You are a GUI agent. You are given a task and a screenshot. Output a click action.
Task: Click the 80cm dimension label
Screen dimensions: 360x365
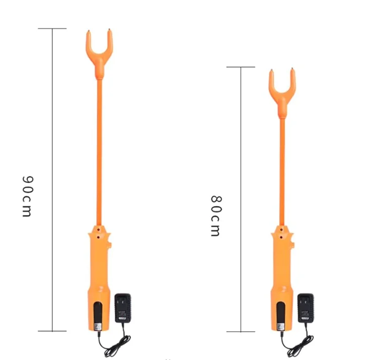215,215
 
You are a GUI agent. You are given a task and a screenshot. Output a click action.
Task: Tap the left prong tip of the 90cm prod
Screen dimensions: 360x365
88,32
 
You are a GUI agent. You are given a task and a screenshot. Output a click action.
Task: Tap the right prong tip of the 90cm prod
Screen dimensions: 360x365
110,32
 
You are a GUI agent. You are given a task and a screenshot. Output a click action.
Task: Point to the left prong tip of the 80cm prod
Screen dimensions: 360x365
271,71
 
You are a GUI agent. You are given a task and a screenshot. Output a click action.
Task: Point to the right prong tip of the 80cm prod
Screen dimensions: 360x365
293,69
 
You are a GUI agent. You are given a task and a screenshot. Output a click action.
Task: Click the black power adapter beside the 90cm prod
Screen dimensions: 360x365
123,308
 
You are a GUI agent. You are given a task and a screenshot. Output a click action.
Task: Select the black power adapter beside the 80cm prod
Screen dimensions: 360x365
305,308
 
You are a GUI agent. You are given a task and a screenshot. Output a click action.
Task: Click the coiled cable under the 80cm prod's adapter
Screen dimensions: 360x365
297,345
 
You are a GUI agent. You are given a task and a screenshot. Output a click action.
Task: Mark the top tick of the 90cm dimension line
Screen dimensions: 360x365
52,29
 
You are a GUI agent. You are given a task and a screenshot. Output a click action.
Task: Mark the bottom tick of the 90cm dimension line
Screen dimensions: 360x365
52,331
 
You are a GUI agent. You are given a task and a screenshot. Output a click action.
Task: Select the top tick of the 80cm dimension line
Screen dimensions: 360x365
240,67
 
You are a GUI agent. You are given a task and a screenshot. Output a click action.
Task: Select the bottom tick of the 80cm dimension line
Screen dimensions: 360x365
240,332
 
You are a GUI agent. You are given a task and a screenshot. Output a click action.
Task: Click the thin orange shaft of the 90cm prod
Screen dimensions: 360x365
99,151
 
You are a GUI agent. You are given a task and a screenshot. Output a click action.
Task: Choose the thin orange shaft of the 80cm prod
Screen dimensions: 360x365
282,171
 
